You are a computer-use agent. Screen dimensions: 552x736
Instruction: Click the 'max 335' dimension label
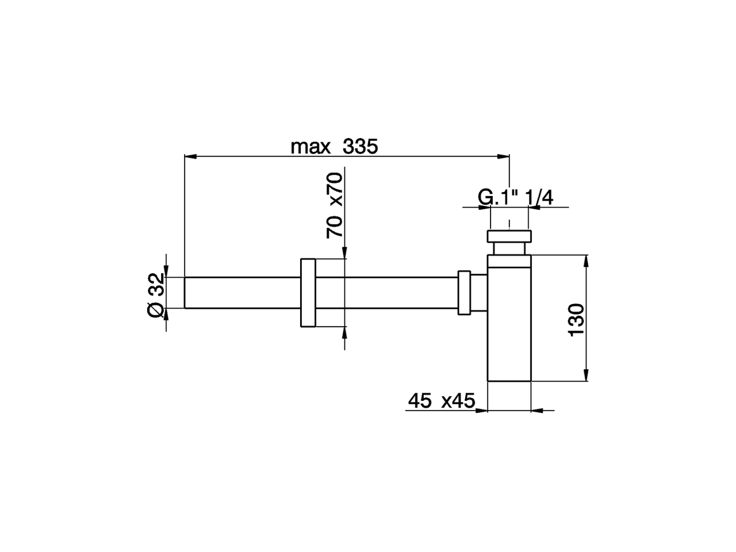click(334, 147)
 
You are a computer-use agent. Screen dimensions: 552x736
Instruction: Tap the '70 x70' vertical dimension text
click(335, 205)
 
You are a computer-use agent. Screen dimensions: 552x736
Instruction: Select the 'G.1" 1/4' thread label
click(516, 198)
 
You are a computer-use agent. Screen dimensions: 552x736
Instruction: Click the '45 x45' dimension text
click(441, 401)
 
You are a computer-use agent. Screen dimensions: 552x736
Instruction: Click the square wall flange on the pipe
click(308, 293)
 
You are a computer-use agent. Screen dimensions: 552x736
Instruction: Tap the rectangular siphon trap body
click(509, 322)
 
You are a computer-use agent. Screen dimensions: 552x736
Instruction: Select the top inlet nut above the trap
click(509, 236)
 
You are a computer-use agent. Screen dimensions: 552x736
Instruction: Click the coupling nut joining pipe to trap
click(464, 293)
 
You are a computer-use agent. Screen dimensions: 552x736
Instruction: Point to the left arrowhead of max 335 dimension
click(190, 155)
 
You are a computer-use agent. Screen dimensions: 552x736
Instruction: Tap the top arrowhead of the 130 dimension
click(586, 260)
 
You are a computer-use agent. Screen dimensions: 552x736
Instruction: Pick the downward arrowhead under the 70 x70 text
click(344, 253)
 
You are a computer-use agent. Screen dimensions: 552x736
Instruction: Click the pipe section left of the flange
click(241, 293)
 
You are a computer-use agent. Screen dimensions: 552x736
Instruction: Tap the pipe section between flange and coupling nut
click(385, 293)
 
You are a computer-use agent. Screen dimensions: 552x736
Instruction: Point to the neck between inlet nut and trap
click(509, 248)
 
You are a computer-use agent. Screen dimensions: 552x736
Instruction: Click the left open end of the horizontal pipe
click(185, 293)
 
